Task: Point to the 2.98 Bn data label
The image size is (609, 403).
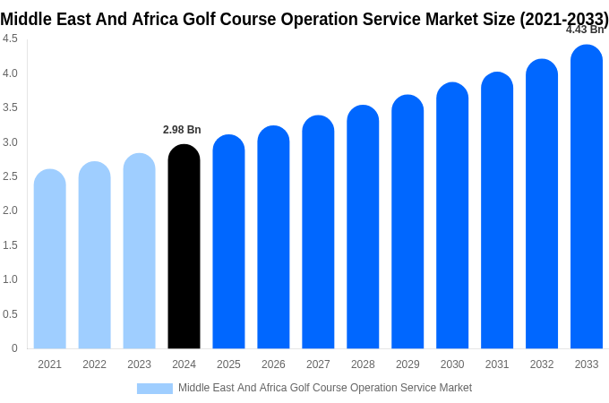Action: click(x=182, y=130)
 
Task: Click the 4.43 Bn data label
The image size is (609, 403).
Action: click(x=584, y=30)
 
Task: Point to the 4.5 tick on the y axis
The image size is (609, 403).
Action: click(x=10, y=39)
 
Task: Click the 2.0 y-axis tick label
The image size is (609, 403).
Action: click(x=10, y=210)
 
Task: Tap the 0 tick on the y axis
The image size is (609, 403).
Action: click(x=14, y=348)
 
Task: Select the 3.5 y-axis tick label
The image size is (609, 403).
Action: click(x=10, y=107)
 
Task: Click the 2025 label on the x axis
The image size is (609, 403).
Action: click(x=228, y=364)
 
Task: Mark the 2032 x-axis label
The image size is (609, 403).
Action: click(x=542, y=364)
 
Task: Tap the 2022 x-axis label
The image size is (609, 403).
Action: click(x=94, y=364)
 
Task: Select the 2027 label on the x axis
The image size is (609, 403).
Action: click(x=318, y=364)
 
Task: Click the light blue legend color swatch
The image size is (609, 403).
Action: click(x=154, y=389)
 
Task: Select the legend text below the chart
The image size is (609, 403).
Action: click(x=324, y=388)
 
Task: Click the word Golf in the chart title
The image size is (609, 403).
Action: click(x=202, y=19)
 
